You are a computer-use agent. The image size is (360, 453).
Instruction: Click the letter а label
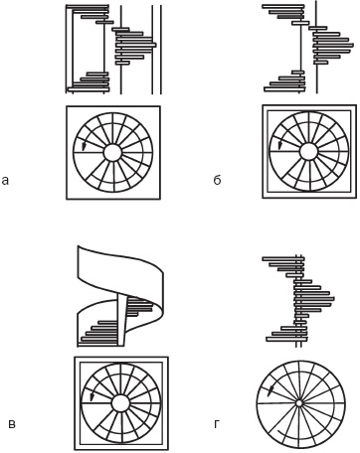coord(5,181)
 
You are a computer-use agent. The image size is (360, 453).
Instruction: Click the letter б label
coord(217,179)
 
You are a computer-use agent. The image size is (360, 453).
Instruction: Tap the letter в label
coord(12,424)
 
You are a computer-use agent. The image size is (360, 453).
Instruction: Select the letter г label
coord(217,424)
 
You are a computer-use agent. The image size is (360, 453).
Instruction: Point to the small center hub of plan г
coord(298,403)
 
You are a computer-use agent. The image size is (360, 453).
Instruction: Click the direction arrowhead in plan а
coord(84,147)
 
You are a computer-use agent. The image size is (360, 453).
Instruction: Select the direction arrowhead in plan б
coord(280,146)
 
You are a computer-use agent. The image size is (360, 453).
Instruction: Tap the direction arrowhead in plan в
coord(92,396)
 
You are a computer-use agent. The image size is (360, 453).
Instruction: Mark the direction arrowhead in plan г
coord(271,390)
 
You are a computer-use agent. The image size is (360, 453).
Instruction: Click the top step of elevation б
coord(283,6)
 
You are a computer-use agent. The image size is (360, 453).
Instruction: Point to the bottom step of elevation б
coord(284,89)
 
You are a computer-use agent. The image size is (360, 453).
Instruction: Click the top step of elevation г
coord(283,258)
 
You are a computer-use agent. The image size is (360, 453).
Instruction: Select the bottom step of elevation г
coord(287,339)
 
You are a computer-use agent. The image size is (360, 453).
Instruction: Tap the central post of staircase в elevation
coord(121,321)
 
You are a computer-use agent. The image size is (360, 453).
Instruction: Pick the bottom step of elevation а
coord(89,89)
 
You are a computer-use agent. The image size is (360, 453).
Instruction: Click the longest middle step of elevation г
coord(314,299)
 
